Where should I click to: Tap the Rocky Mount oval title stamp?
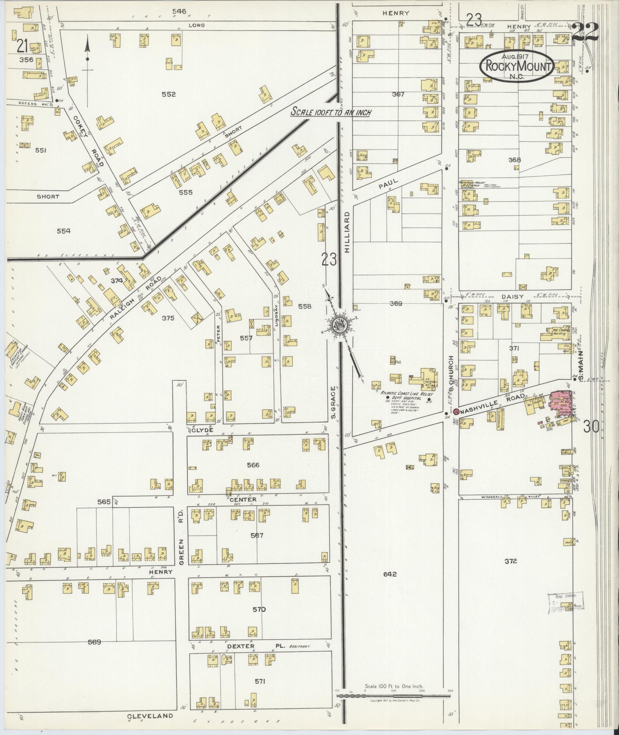point(517,66)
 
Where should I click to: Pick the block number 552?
point(168,94)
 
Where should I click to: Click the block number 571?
point(260,681)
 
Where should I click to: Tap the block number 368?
point(514,160)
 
